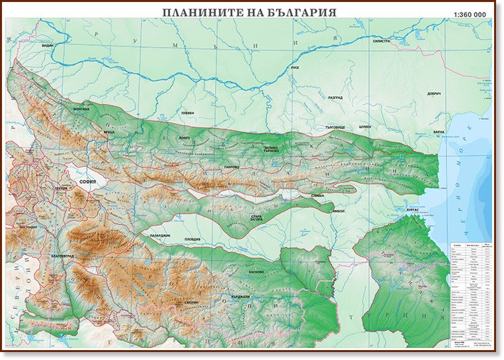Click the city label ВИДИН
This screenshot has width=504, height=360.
[46, 46]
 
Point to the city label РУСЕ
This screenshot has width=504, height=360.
[296, 68]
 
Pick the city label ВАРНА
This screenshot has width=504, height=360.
[439, 132]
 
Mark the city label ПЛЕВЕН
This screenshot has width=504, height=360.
[188, 113]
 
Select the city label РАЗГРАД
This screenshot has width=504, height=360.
[335, 98]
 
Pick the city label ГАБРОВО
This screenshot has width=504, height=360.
[231, 167]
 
